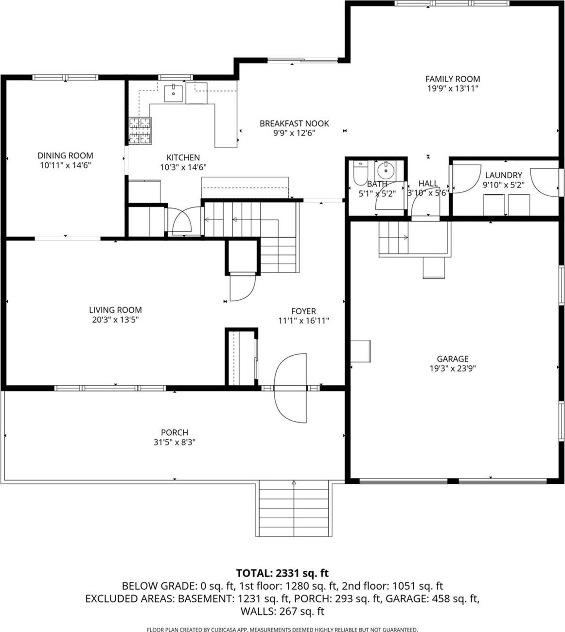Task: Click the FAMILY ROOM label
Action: tap(452, 79)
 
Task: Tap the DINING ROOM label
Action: tap(65, 155)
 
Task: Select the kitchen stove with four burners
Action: tap(140, 131)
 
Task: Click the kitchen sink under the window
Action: tap(173, 93)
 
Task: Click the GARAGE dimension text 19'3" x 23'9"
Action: tap(452, 368)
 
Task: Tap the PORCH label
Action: tap(175, 432)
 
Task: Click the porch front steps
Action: tap(294, 508)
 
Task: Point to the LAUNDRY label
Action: tap(503, 175)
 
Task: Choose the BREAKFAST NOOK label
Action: tap(294, 123)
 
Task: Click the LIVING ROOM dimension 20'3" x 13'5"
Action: tap(115, 320)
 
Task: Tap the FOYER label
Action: tap(303, 311)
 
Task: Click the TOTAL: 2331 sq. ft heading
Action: tap(282, 573)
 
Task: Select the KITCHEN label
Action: tap(183, 157)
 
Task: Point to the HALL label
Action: tap(428, 183)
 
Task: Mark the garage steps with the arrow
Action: tap(394, 238)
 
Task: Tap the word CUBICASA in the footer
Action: tap(224, 630)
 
